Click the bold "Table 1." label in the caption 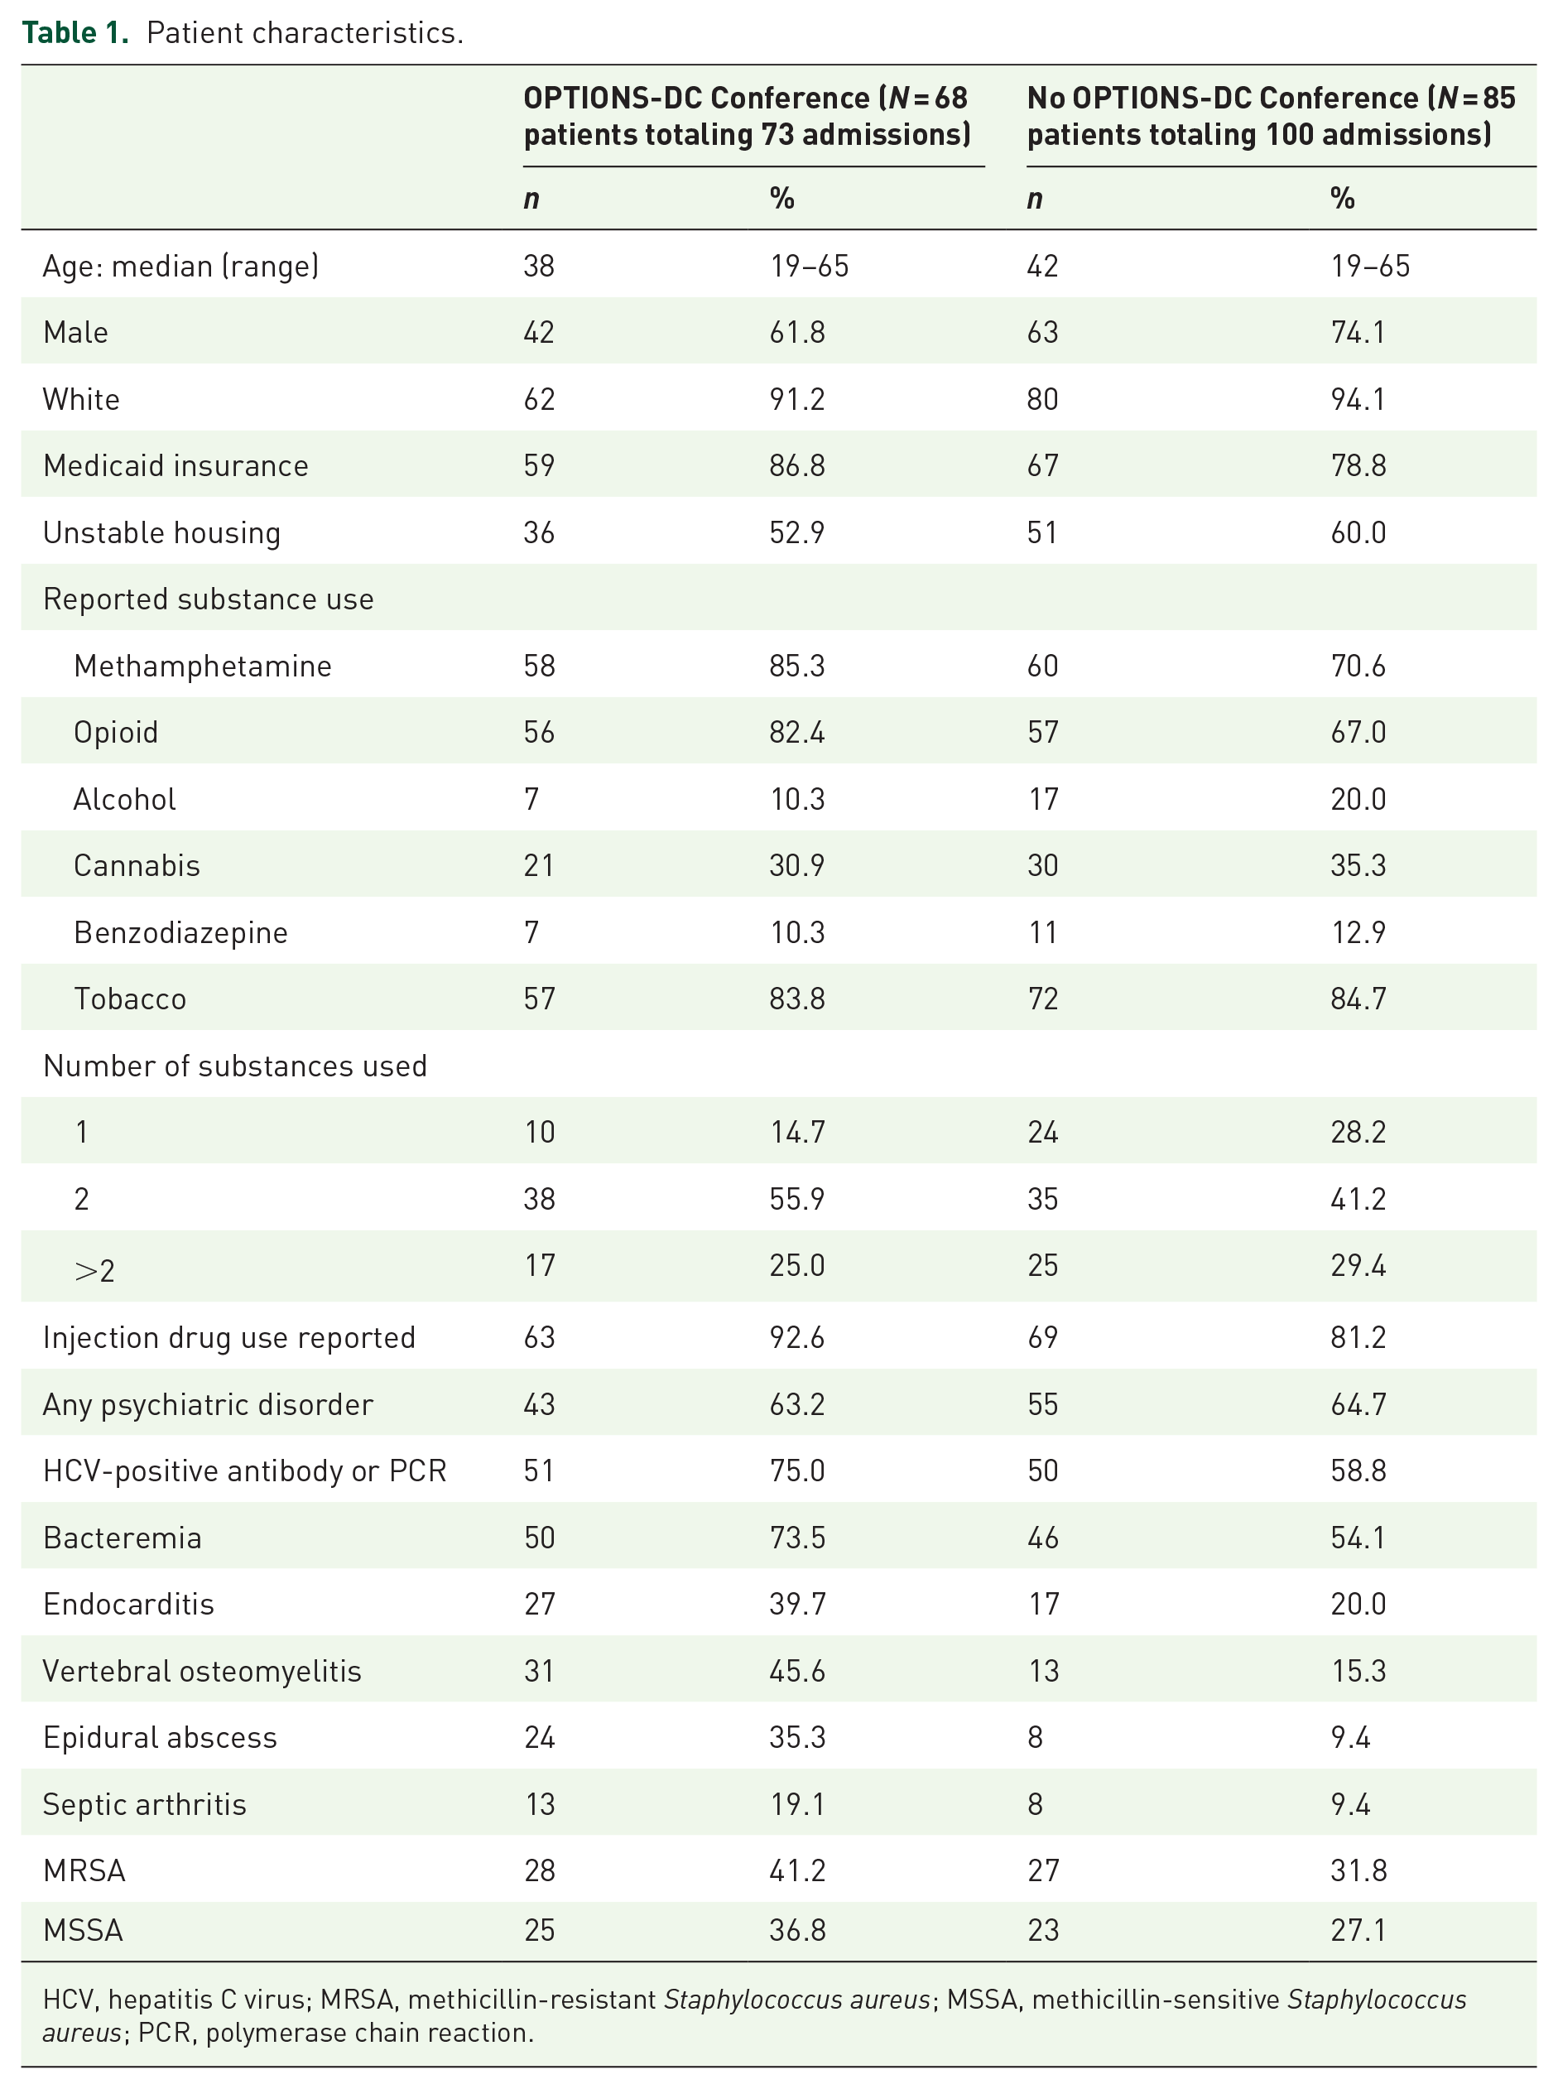[75, 33]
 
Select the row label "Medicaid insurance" [176, 466]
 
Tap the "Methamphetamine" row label [203, 666]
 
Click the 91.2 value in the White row [797, 399]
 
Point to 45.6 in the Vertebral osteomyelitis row [797, 1671]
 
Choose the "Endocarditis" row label [129, 1605]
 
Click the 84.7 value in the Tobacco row [1358, 999]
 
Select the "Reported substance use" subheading [209, 599]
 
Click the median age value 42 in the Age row [1042, 266]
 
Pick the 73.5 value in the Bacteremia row [797, 1538]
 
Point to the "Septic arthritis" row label [144, 1804]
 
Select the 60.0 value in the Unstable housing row [1358, 533]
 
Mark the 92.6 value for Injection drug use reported [797, 1337]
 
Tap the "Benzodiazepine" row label [181, 933]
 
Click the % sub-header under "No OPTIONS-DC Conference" [1342, 198]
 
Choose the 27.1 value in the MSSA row [1358, 1931]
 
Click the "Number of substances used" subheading [235, 1066]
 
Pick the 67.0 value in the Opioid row [1358, 733]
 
